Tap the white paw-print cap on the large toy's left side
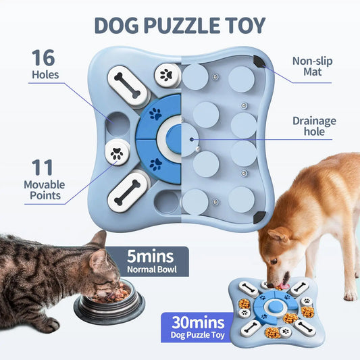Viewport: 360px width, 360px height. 117,152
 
